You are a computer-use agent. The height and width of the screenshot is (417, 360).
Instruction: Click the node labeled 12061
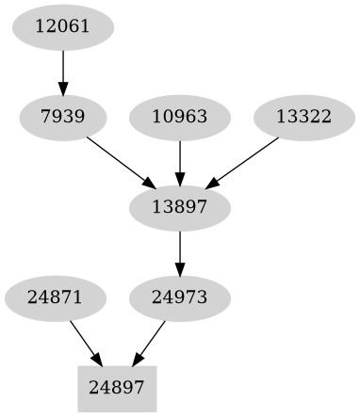pos(62,27)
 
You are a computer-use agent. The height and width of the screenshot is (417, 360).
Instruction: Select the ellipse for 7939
pos(62,118)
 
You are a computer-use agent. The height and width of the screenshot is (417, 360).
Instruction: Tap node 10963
pos(179,118)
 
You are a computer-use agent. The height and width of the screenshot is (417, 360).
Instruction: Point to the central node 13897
pos(179,206)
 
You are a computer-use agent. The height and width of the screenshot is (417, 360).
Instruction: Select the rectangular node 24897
pos(116,387)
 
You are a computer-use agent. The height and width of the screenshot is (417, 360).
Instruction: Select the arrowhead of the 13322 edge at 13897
pos(214,182)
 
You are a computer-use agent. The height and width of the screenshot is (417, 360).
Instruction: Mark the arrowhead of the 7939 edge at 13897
pos(148,183)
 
